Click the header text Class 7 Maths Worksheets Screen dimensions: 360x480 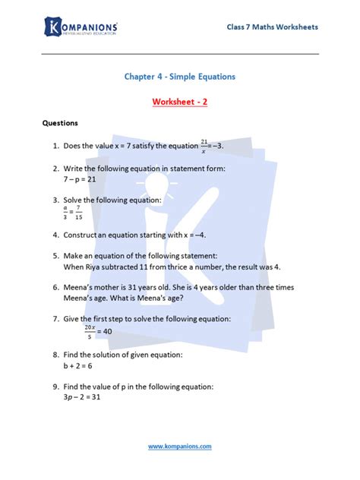(x=272, y=27)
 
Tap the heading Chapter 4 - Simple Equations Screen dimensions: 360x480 (x=179, y=77)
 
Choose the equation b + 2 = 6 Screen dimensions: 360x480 (x=78, y=365)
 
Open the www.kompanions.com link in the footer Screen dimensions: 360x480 (x=179, y=447)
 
